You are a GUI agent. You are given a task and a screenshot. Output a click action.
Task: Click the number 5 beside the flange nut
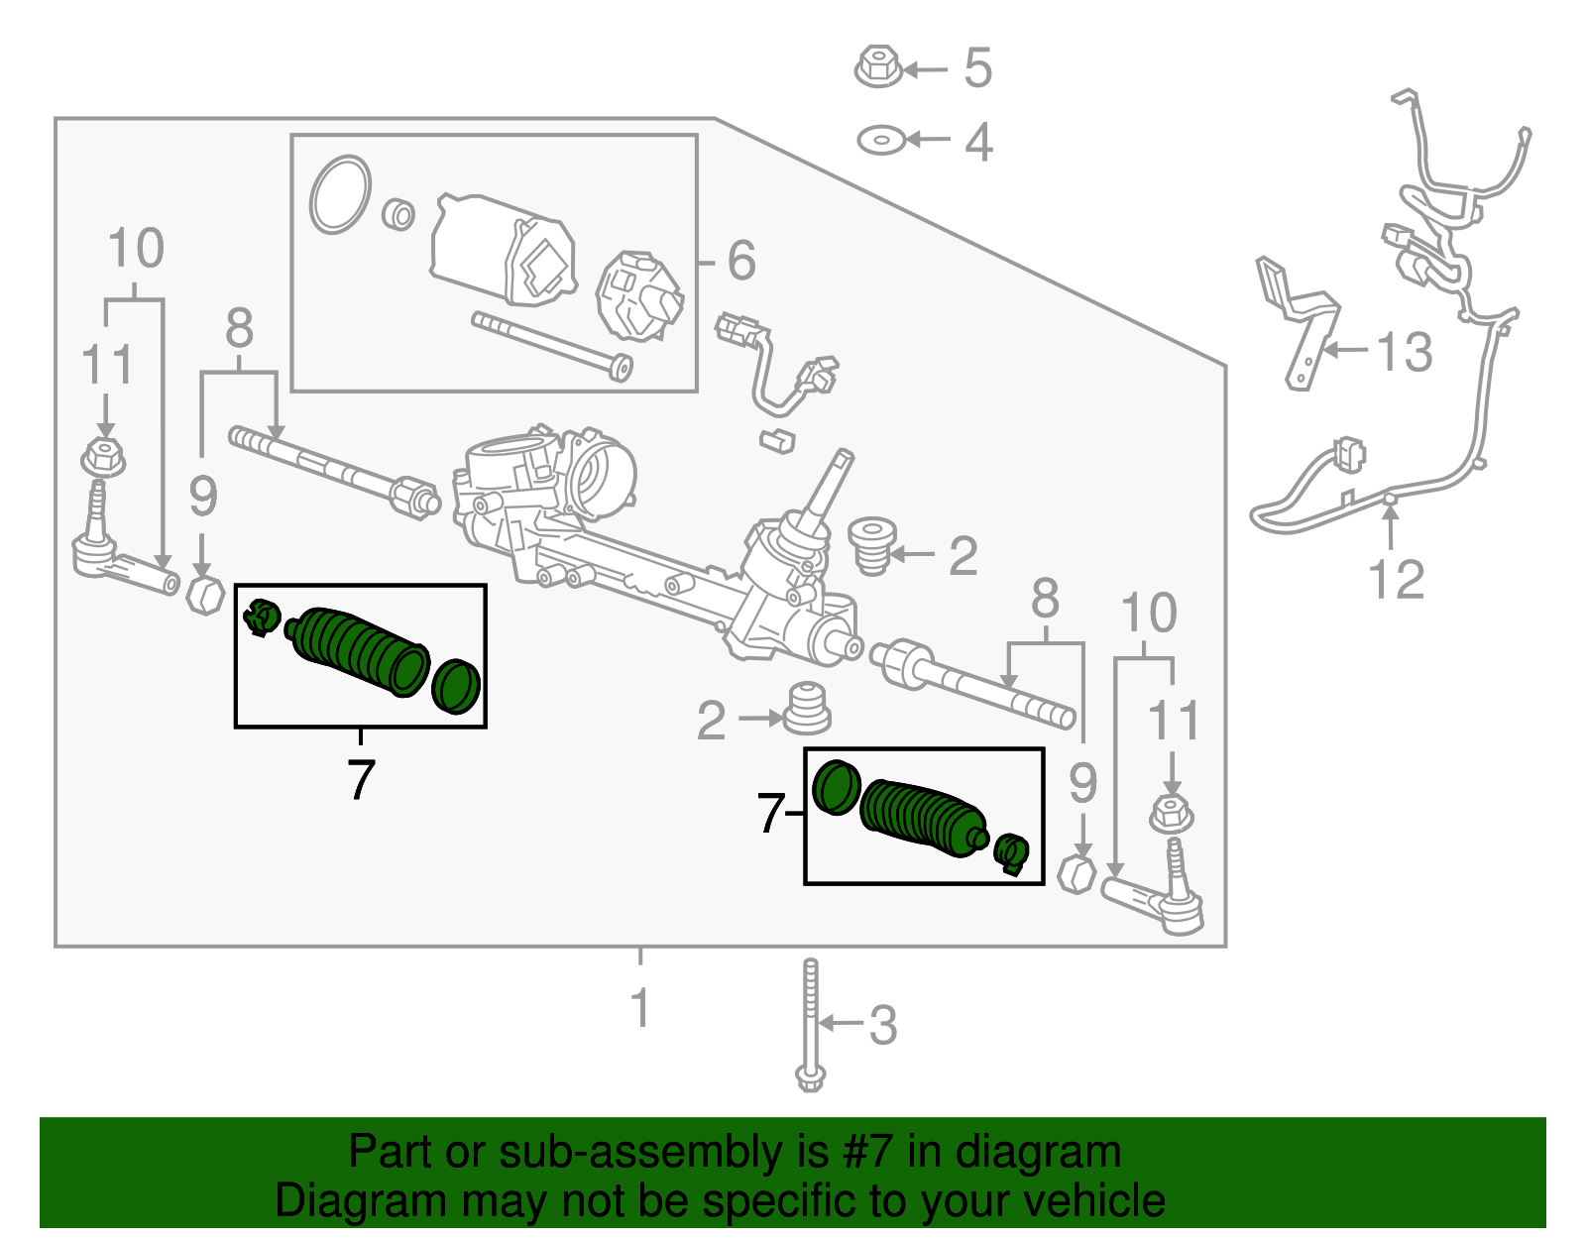tap(977, 67)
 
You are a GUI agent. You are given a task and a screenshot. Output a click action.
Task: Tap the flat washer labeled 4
tap(881, 140)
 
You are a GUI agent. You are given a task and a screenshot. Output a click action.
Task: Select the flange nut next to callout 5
tap(877, 66)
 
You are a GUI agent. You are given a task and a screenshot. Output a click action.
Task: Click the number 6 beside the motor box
tap(740, 261)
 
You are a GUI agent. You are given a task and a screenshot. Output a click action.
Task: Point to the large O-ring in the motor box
tap(340, 194)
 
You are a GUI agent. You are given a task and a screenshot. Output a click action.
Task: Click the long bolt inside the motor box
tap(552, 345)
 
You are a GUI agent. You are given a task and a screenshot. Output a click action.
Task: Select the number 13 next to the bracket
tap(1405, 352)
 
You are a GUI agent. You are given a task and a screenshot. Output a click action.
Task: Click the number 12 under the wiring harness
tap(1396, 580)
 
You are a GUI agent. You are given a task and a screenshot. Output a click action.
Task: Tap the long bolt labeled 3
tap(811, 1026)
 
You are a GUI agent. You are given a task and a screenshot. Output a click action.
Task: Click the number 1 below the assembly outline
tap(640, 1007)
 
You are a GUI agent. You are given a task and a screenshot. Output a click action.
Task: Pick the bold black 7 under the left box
tap(361, 780)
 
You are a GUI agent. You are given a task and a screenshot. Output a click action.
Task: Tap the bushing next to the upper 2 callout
tap(872, 545)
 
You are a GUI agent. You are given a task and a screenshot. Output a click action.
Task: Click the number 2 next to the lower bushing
tap(711, 721)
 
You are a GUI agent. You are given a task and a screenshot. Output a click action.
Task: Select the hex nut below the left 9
tap(205, 594)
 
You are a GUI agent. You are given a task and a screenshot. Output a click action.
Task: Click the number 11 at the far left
tap(107, 365)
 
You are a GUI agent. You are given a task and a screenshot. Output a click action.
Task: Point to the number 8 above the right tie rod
tap(1045, 601)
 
